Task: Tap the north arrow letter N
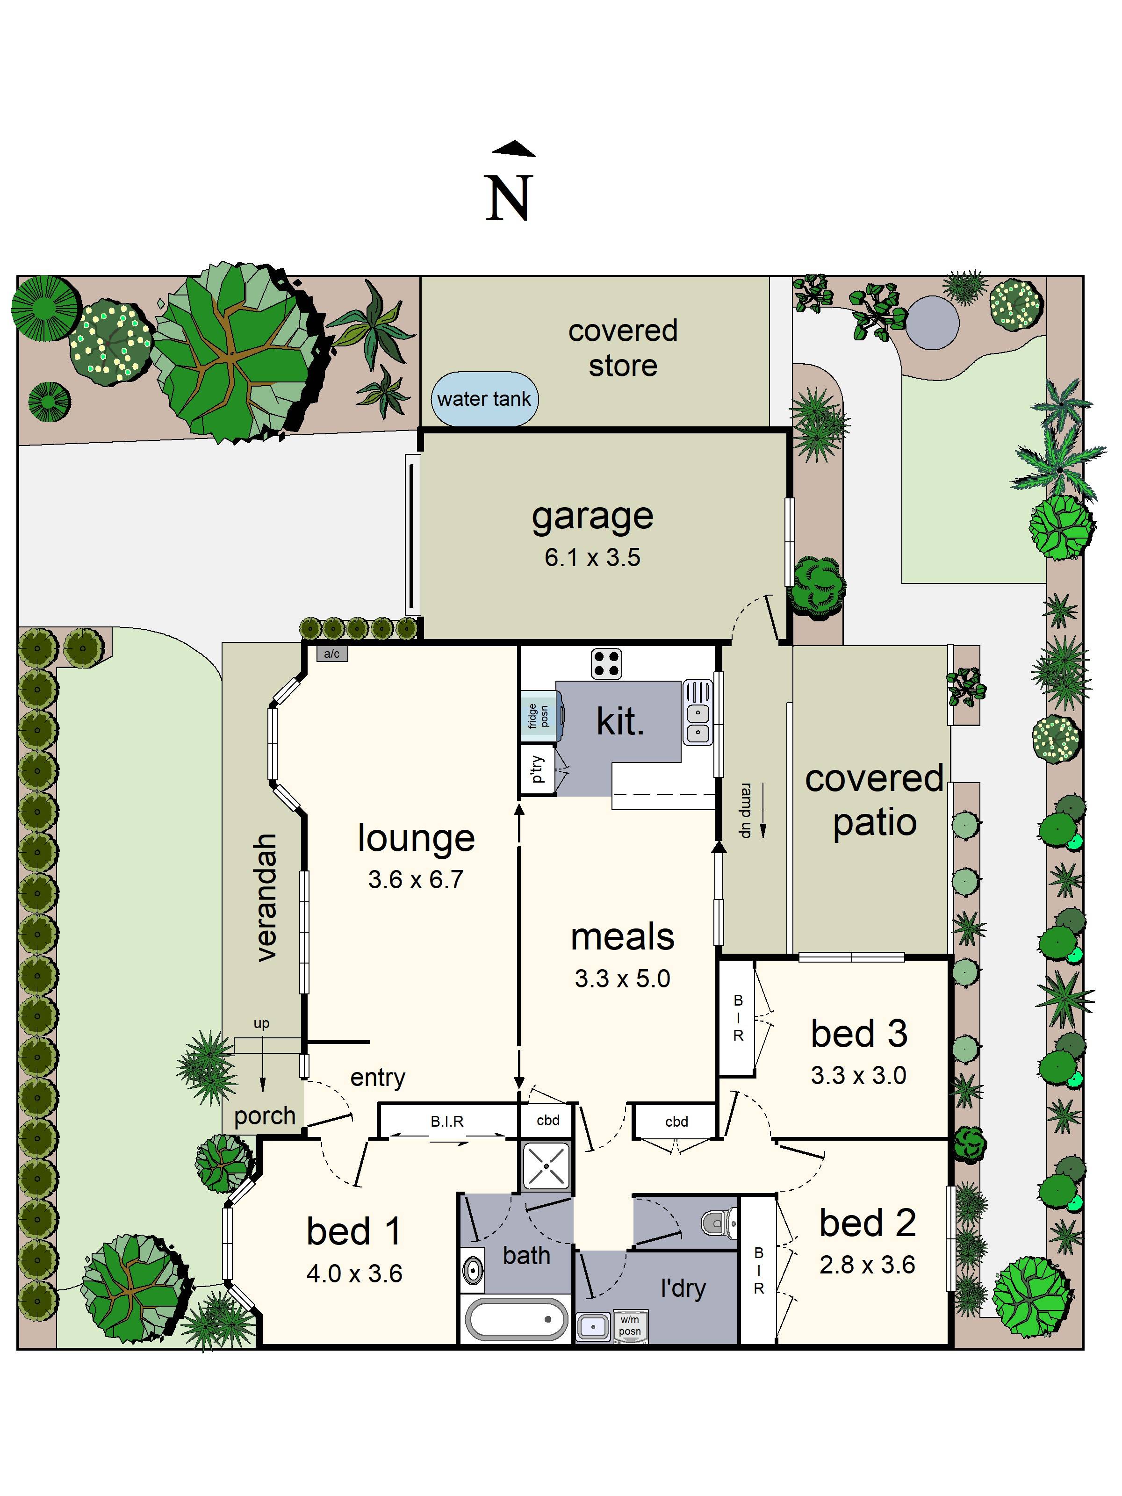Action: click(509, 198)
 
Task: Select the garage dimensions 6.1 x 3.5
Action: click(592, 557)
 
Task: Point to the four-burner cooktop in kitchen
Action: click(606, 663)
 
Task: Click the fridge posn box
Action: click(537, 716)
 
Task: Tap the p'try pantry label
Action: click(536, 769)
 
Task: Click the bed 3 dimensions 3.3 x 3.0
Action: click(858, 1075)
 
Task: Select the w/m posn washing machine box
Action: click(630, 1325)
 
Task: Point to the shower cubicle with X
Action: click(547, 1166)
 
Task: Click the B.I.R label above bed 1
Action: click(446, 1122)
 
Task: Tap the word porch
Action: click(265, 1116)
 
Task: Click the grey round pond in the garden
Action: click(932, 323)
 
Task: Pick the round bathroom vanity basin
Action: click(473, 1269)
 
